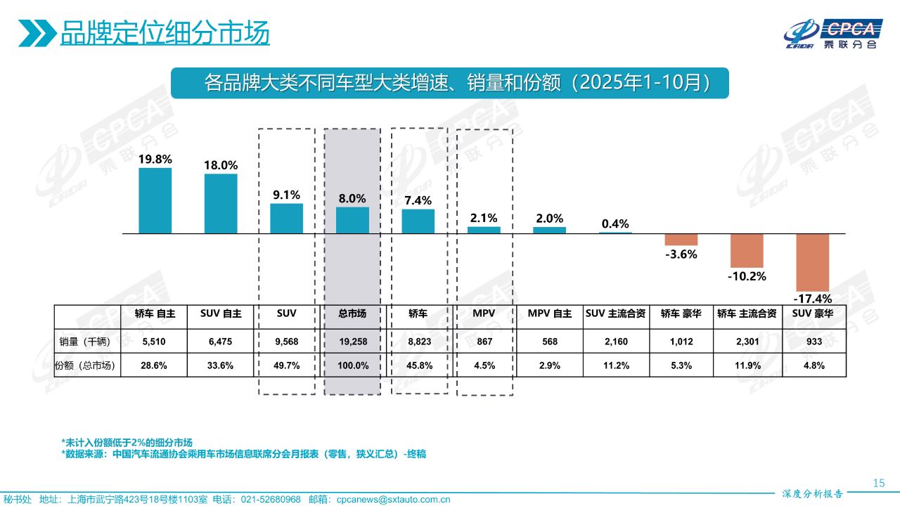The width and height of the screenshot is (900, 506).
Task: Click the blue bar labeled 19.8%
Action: [x=155, y=200]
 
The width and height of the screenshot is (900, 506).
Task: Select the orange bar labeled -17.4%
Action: [x=812, y=262]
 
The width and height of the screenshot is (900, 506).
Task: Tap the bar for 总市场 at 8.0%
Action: [x=352, y=220]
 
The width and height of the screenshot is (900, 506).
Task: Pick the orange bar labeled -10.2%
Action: [x=747, y=250]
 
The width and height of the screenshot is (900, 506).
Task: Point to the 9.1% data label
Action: [x=287, y=195]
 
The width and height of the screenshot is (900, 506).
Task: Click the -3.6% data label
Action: [x=681, y=254]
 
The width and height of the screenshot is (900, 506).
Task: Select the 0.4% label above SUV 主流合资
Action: [x=615, y=223]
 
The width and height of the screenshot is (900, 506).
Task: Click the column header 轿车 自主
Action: [x=155, y=314]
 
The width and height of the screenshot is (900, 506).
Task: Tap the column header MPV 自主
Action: [x=550, y=314]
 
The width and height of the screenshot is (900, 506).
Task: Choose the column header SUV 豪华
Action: [x=813, y=314]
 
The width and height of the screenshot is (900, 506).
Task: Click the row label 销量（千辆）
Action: [x=87, y=342]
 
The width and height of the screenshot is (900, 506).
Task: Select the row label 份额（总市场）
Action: [x=87, y=365]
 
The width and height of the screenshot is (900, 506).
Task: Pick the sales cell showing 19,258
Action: [x=352, y=342]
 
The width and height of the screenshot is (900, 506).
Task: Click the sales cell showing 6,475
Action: [x=221, y=342]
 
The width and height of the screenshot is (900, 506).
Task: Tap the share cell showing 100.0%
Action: [x=352, y=365]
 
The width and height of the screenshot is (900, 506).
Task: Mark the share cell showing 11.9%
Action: [x=747, y=365]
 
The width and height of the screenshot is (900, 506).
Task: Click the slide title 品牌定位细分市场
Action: [x=165, y=33]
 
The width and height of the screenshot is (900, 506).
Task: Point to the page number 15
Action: [x=878, y=483]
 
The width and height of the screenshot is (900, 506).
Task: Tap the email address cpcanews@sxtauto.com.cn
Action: [x=393, y=500]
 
